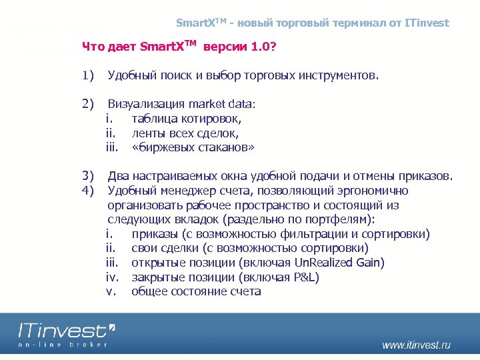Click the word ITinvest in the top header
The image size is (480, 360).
pyautogui.click(x=427, y=23)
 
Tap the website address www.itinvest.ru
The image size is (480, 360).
pyautogui.click(x=416, y=345)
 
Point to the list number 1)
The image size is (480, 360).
pyautogui.click(x=87, y=76)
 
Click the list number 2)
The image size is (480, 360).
pyautogui.click(x=87, y=104)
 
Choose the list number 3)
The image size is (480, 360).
pyautogui.click(x=87, y=176)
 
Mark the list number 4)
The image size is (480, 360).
pyautogui.click(x=87, y=191)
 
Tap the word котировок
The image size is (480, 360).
pyautogui.click(x=212, y=119)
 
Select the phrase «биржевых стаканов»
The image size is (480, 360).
pyautogui.click(x=193, y=147)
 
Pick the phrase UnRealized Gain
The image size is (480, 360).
pyautogui.click(x=343, y=263)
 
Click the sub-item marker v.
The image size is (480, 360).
pyautogui.click(x=111, y=291)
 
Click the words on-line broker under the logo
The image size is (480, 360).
pyautogui.click(x=63, y=345)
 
